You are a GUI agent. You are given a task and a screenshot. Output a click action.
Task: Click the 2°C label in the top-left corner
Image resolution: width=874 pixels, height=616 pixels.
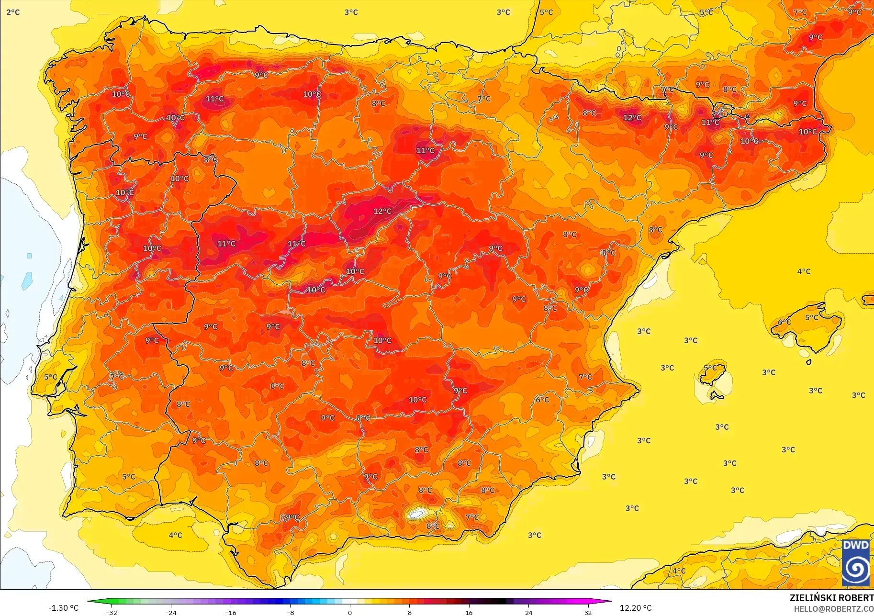pyautogui.click(x=13, y=12)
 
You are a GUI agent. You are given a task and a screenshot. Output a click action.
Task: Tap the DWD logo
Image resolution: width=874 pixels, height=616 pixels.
pyautogui.click(x=856, y=562)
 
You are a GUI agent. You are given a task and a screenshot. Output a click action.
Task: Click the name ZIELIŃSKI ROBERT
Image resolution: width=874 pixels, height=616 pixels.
pyautogui.click(x=831, y=598)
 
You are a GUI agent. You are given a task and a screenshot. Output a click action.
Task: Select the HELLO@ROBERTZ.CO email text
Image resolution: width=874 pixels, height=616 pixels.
pyautogui.click(x=833, y=609)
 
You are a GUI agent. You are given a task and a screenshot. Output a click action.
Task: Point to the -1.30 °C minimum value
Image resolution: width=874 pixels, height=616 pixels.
pyautogui.click(x=63, y=608)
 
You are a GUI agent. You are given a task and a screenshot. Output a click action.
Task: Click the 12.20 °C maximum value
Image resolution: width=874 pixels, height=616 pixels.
pyautogui.click(x=635, y=608)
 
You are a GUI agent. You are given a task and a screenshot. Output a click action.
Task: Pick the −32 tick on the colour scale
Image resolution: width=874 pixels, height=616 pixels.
pyautogui.click(x=112, y=612)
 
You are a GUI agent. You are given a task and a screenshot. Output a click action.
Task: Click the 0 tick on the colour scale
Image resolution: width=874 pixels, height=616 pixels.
pyautogui.click(x=350, y=612)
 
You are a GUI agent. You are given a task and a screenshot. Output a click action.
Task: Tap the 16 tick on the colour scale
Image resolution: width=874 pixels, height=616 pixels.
pyautogui.click(x=469, y=612)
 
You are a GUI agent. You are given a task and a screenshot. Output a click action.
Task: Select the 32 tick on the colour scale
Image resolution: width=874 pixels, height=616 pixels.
pyautogui.click(x=588, y=612)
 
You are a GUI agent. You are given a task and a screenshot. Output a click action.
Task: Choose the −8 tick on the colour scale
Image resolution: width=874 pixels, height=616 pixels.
pyautogui.click(x=291, y=612)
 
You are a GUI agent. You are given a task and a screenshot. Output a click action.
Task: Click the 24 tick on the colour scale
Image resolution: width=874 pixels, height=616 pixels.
pyautogui.click(x=528, y=612)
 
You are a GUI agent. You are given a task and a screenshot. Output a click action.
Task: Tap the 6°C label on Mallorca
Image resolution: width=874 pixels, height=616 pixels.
pyautogui.click(x=784, y=322)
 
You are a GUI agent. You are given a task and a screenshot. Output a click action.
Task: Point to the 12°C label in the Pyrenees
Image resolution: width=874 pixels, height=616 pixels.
pyautogui.click(x=632, y=117)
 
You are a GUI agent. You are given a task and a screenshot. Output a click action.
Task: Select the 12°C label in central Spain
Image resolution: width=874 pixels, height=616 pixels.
pyautogui.click(x=382, y=211)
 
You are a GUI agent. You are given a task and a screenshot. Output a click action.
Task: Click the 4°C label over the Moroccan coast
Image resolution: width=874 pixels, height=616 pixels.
pyautogui.click(x=679, y=571)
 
